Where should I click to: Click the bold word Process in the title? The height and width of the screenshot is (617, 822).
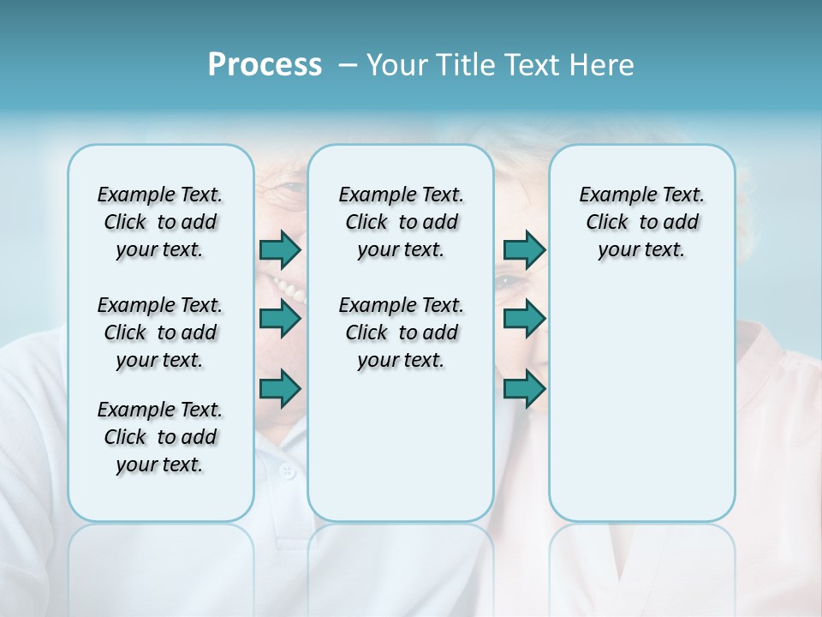265,65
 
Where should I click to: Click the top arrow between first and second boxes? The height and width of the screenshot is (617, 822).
280,249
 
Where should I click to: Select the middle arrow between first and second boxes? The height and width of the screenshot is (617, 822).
280,319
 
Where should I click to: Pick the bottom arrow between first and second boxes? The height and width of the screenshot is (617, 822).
280,389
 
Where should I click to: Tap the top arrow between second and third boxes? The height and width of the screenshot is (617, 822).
524,249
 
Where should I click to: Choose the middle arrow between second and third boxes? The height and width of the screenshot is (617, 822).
524,319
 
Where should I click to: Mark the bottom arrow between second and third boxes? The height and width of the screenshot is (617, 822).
524,389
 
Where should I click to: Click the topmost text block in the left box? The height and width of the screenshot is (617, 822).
160,222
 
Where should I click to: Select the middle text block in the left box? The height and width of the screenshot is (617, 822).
160,332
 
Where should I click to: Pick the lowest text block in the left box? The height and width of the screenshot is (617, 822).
160,437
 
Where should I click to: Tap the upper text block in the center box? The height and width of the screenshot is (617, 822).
401,222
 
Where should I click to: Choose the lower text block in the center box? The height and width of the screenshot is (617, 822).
401,332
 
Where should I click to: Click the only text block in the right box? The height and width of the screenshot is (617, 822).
641,222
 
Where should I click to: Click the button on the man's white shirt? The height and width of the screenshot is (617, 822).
288,470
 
